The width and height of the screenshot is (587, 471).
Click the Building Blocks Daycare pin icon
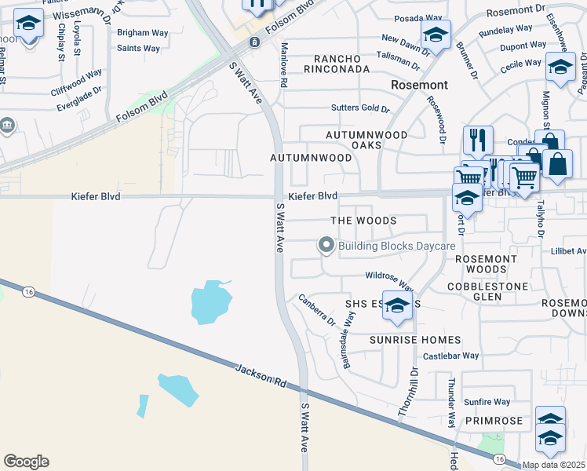pos(326,246)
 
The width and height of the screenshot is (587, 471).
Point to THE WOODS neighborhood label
pos(363,221)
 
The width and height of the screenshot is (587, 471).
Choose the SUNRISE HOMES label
pos(415,340)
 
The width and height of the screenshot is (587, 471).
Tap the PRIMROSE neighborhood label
pos(493,422)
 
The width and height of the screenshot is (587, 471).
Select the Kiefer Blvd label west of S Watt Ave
pos(96,196)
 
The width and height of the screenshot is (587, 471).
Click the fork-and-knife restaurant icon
pos(478,141)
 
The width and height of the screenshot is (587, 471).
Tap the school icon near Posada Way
pos(436,34)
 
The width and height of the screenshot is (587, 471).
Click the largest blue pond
pos(211,302)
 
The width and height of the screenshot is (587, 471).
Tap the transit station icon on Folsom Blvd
pos(253,42)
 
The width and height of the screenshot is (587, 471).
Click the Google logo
pos(26,462)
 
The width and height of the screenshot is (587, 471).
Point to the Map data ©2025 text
pos(553,465)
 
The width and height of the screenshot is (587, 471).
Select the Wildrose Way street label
pos(388,277)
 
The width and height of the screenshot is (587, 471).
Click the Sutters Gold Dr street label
pos(359,108)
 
